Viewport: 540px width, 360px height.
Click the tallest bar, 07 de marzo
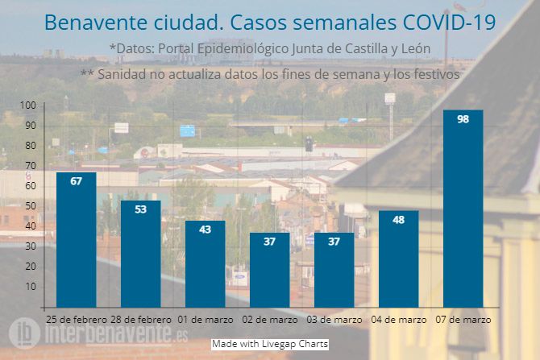(463, 209)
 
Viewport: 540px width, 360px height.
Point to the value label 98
(463, 119)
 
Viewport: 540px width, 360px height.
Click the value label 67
(77, 181)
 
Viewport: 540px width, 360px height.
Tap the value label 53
(141, 209)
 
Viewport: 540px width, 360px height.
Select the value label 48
(399, 220)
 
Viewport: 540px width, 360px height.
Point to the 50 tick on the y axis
(30, 206)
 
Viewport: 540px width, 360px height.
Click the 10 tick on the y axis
(30, 287)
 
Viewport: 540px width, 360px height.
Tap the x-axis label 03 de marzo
(334, 320)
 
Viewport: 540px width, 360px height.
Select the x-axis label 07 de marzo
(463, 320)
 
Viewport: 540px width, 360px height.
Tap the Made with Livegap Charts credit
(270, 344)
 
